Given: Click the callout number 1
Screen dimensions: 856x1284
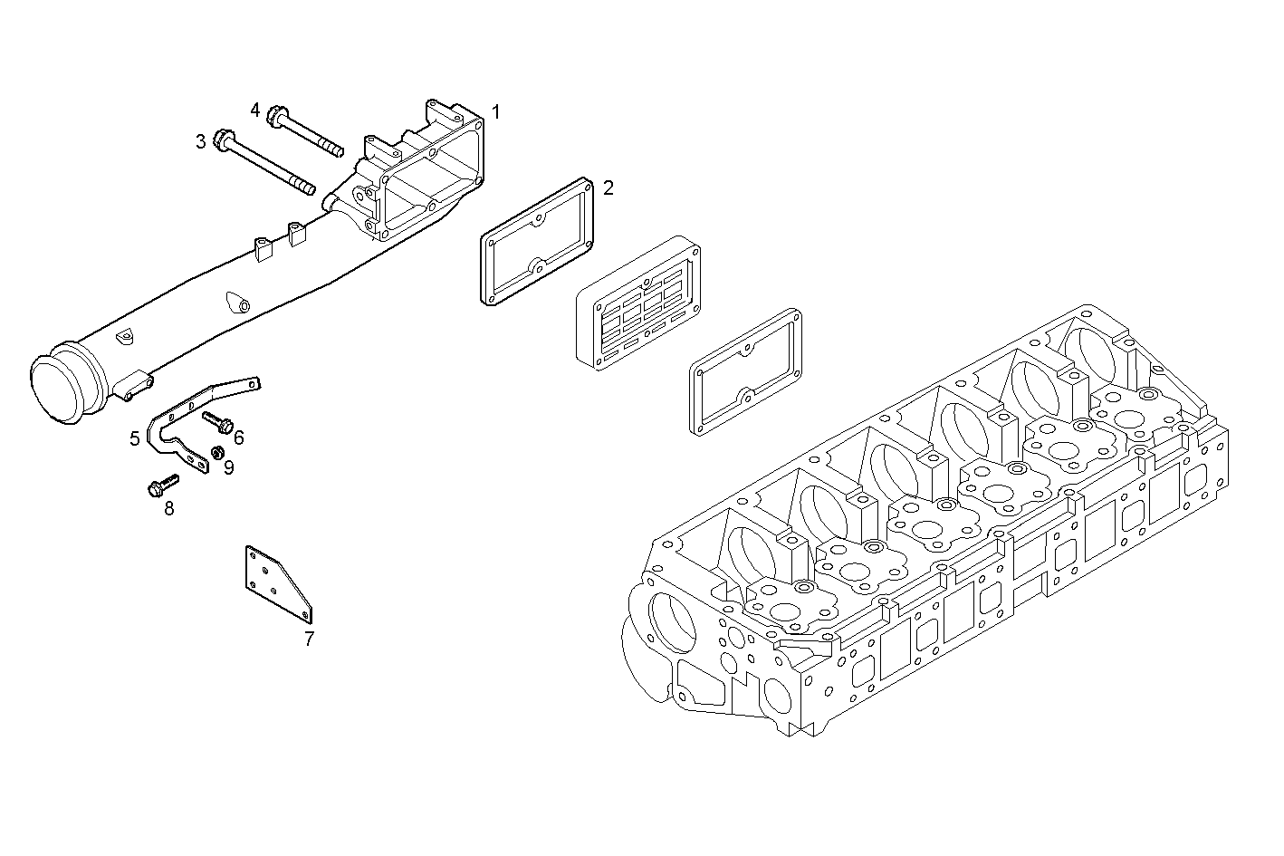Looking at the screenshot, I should (x=495, y=112).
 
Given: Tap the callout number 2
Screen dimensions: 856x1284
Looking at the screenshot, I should (x=608, y=188).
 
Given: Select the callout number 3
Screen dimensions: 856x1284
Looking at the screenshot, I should (x=200, y=141).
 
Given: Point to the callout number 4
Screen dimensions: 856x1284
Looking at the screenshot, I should (x=255, y=110).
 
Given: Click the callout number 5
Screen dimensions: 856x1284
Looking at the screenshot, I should (x=135, y=438).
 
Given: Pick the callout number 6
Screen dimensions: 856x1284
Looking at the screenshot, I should (x=239, y=438).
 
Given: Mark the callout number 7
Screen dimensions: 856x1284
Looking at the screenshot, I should (x=309, y=639).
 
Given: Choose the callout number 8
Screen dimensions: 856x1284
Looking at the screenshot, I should (x=169, y=508).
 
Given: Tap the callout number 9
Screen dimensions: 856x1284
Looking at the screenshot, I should (x=229, y=467).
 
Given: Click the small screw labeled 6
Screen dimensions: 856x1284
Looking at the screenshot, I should (x=218, y=421).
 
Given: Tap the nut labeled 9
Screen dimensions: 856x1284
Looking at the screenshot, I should (x=216, y=452).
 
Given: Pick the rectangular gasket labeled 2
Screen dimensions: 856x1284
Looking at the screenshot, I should (x=535, y=241).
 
